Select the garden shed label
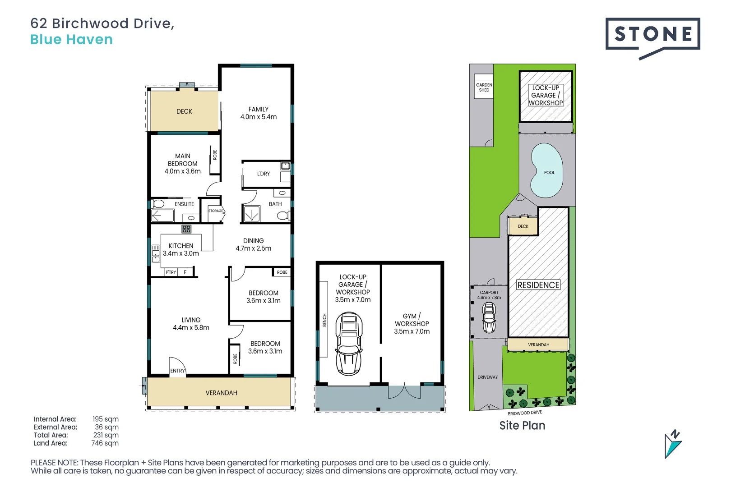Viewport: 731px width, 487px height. pyautogui.click(x=484, y=87)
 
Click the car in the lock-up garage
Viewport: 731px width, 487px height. pyautogui.click(x=349, y=344)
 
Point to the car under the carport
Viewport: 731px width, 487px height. pyautogui.click(x=489, y=317)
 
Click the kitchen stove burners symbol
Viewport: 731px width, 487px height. pyautogui.click(x=186, y=229)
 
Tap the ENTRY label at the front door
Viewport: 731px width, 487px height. pyautogui.click(x=177, y=371)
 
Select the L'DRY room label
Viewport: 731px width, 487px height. pyautogui.click(x=264, y=174)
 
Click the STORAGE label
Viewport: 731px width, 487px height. pyautogui.click(x=216, y=211)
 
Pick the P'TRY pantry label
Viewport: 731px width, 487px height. pyautogui.click(x=171, y=272)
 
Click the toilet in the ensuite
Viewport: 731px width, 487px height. pyautogui.click(x=158, y=204)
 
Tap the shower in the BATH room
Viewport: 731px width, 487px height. pyautogui.click(x=252, y=214)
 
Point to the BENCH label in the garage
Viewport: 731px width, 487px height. pyautogui.click(x=324, y=320)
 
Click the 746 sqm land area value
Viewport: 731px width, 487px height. pyautogui.click(x=105, y=443)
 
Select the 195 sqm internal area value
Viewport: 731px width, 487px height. pyautogui.click(x=106, y=419)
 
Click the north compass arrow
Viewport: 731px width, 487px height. pyautogui.click(x=673, y=444)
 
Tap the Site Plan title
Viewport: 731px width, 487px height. pyautogui.click(x=522, y=425)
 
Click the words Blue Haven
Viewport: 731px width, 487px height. pyautogui.click(x=71, y=39)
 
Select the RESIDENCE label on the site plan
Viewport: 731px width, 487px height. pyautogui.click(x=538, y=285)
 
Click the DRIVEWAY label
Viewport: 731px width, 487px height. pyautogui.click(x=487, y=377)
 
